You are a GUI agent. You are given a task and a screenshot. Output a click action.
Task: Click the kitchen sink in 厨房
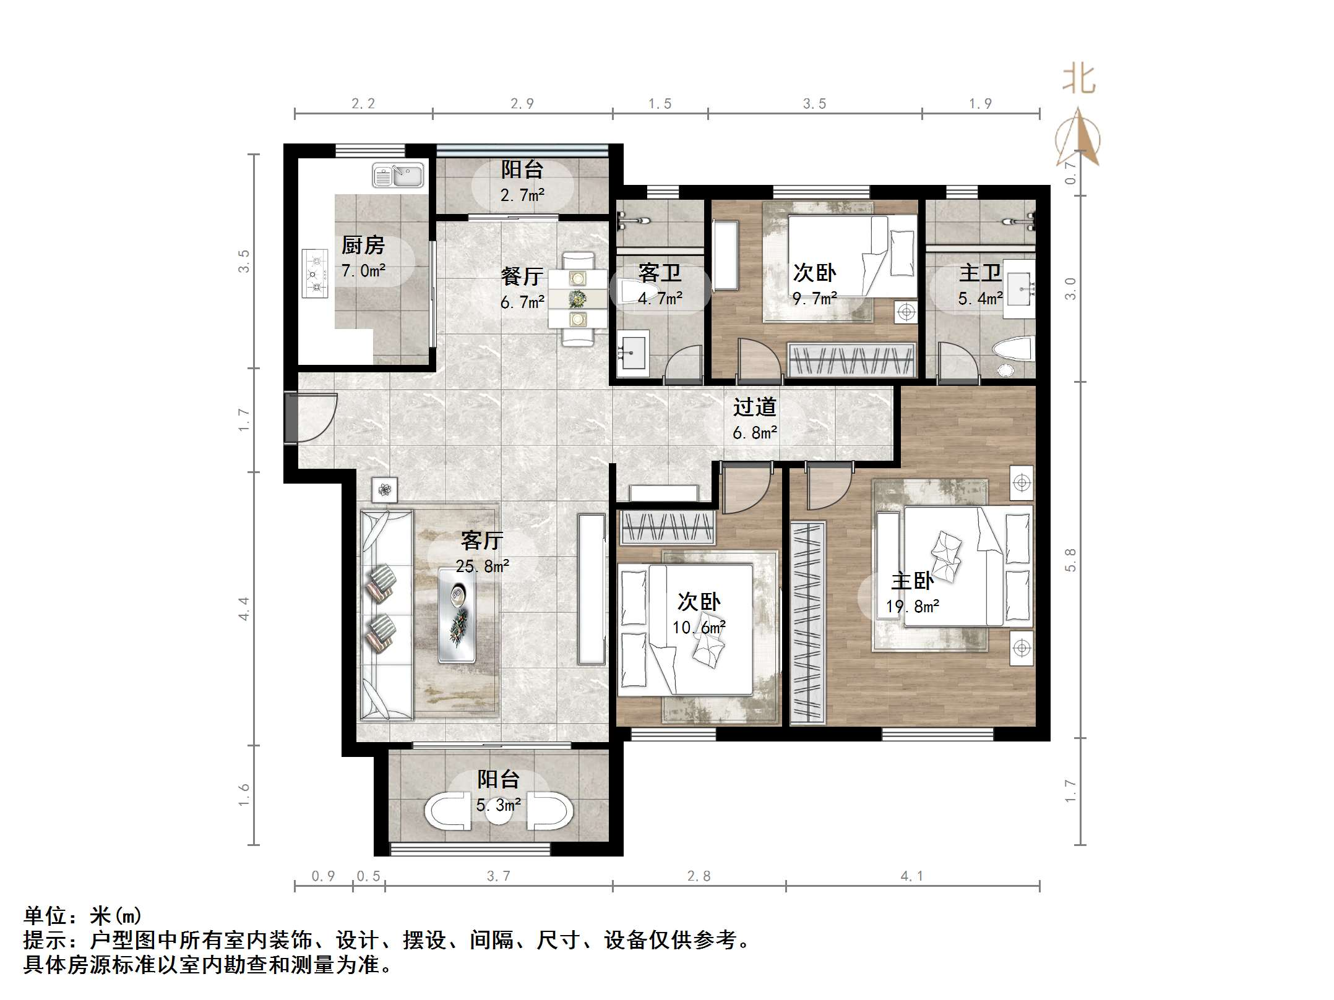tap(398, 176)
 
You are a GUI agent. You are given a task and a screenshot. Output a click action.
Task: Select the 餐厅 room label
tap(522, 276)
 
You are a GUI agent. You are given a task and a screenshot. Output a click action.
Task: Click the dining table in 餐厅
tap(578, 299)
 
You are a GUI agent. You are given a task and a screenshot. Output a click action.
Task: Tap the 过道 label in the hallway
tap(754, 408)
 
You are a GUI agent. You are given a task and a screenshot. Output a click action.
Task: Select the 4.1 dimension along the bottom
tap(911, 876)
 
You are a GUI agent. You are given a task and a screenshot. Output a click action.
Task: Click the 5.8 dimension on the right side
tap(1070, 560)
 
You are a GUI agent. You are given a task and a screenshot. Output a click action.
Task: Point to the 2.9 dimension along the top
tap(522, 104)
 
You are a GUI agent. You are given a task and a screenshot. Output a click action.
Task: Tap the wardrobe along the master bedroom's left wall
tap(808, 623)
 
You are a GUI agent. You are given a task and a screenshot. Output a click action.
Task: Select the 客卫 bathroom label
tap(660, 273)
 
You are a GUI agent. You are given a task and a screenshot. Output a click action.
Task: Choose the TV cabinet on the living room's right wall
tap(592, 589)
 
